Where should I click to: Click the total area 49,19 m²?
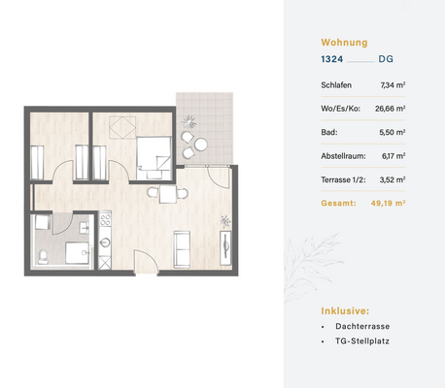(386, 204)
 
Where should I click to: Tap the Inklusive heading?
(345, 310)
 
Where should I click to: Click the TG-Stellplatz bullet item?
(360, 345)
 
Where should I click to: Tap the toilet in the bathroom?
(44, 256)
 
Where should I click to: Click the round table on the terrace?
(200, 145)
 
